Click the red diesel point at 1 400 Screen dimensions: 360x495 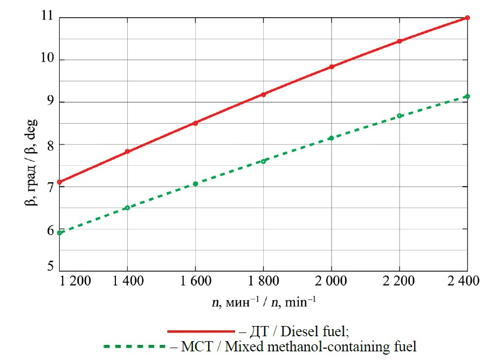click(127, 152)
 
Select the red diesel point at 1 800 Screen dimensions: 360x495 click(264, 94)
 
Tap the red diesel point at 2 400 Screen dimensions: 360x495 click(467, 18)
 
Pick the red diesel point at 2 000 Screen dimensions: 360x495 click(332, 67)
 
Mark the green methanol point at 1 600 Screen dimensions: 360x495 click(195, 184)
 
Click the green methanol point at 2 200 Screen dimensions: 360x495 click(400, 116)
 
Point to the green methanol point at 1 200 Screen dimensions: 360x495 click(60, 233)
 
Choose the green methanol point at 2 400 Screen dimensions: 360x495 click(467, 96)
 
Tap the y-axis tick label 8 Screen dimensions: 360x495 click(50, 144)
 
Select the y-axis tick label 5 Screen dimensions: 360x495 click(50, 266)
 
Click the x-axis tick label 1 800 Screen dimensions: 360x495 click(263, 282)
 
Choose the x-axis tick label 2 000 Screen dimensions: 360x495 click(331, 282)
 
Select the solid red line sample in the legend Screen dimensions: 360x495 click(201, 330)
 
